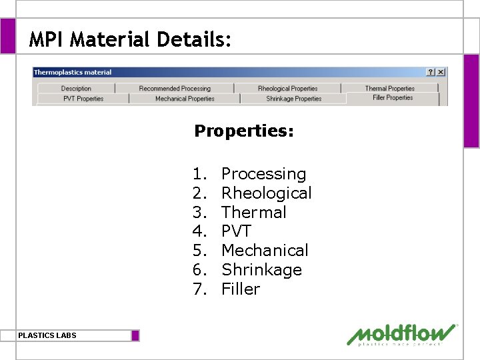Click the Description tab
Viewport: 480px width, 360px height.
click(76, 89)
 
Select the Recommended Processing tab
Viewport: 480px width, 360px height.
click(174, 89)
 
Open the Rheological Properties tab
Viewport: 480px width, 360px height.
click(287, 89)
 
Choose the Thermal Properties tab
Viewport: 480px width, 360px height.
click(389, 89)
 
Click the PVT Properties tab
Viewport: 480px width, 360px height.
click(83, 99)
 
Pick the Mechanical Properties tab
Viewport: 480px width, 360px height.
click(185, 99)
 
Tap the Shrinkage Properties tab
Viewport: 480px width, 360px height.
click(293, 99)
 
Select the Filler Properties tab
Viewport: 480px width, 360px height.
click(393, 98)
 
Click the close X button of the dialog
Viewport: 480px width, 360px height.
click(441, 72)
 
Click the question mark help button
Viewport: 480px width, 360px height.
click(431, 72)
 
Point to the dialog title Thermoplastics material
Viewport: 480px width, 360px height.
click(73, 72)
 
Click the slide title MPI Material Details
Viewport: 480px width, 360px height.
click(131, 40)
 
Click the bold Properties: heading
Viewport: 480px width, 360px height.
click(243, 131)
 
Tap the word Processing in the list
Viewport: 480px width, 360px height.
click(263, 174)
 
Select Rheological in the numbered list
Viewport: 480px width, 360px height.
click(266, 193)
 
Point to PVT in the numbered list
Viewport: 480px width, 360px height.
click(236, 231)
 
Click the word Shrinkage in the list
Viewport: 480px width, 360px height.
click(261, 270)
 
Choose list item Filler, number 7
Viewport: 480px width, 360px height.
click(240, 289)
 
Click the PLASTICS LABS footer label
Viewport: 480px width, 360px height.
click(47, 335)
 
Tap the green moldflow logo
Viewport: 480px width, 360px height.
click(402, 335)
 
